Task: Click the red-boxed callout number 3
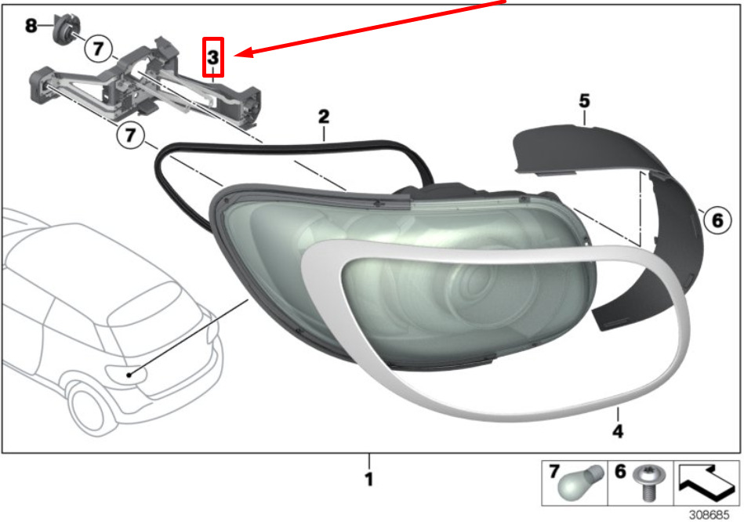tap(213, 57)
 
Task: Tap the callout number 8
tap(31, 25)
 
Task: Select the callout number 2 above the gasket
tap(324, 116)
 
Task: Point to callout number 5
tap(584, 100)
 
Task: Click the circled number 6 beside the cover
tap(717, 219)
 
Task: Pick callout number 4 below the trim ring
tap(618, 431)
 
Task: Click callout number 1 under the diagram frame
tap(369, 479)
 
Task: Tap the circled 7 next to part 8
tap(98, 49)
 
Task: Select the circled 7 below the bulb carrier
tap(130, 136)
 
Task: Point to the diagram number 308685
tap(709, 514)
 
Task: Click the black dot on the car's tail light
tap(129, 375)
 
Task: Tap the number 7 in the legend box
tap(554, 472)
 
